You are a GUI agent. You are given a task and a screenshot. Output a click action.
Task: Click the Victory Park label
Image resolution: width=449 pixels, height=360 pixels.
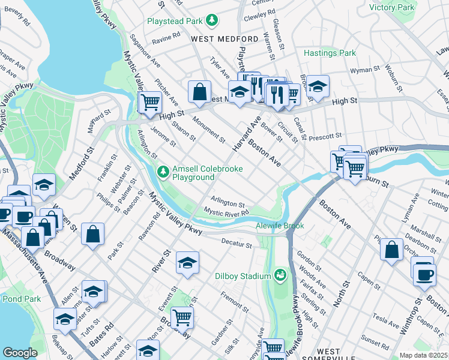(392, 7)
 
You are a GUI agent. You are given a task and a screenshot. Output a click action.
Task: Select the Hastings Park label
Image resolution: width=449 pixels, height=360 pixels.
(330, 53)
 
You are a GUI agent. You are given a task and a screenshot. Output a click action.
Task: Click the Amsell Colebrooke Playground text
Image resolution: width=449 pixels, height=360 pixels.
(208, 173)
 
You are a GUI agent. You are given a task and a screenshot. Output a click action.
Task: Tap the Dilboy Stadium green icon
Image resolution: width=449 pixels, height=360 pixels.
(279, 275)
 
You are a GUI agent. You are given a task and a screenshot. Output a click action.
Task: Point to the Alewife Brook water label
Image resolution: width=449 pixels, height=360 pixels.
(280, 226)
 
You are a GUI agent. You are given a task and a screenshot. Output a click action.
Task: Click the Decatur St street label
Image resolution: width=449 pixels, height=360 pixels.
(235, 244)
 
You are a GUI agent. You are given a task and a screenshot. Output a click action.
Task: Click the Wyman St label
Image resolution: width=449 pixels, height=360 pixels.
(361, 71)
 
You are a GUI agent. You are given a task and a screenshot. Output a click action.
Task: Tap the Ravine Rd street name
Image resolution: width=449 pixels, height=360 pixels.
(166, 37)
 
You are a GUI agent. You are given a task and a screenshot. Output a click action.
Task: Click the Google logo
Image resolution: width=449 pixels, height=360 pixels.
(19, 353)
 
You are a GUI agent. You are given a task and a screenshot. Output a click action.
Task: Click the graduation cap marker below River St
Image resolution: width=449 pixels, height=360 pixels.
(188, 263)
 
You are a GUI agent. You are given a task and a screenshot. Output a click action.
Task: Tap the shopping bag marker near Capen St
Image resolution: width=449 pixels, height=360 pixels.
(391, 250)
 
